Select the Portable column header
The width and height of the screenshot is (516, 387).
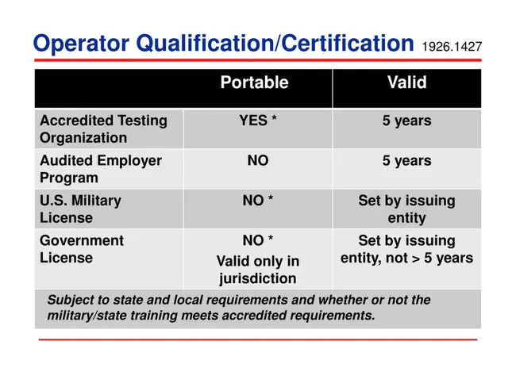[254, 82]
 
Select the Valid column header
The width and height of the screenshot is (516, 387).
[406, 82]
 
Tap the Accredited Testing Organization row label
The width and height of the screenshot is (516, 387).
[103, 129]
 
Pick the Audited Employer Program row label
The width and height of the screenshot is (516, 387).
[100, 169]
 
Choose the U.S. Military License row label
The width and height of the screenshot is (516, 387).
[80, 209]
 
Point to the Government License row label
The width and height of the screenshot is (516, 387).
[82, 249]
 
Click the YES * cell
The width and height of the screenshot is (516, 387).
[257, 121]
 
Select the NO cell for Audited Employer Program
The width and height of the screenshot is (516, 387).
[257, 161]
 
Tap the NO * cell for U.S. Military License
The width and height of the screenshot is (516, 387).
[257, 201]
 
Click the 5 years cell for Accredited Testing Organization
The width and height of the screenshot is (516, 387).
[406, 121]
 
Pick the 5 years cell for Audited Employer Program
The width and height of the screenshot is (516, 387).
[406, 161]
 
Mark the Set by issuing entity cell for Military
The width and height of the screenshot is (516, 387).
[406, 209]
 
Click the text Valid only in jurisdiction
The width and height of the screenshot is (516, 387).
[257, 270]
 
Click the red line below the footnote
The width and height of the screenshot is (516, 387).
[257, 339]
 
